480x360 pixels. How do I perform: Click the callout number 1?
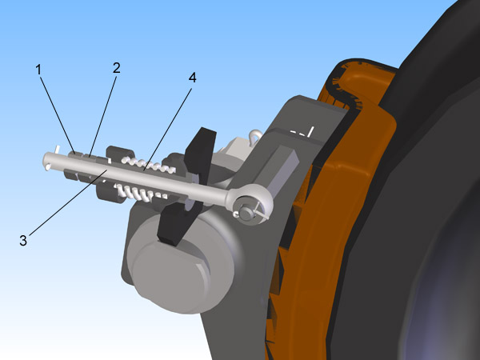point(38,70)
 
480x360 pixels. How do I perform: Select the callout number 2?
point(116,68)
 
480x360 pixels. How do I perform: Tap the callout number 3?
point(23,241)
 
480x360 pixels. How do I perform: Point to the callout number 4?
point(192,78)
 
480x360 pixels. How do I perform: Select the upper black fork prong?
point(201,151)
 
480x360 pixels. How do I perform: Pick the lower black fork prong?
point(176,222)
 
